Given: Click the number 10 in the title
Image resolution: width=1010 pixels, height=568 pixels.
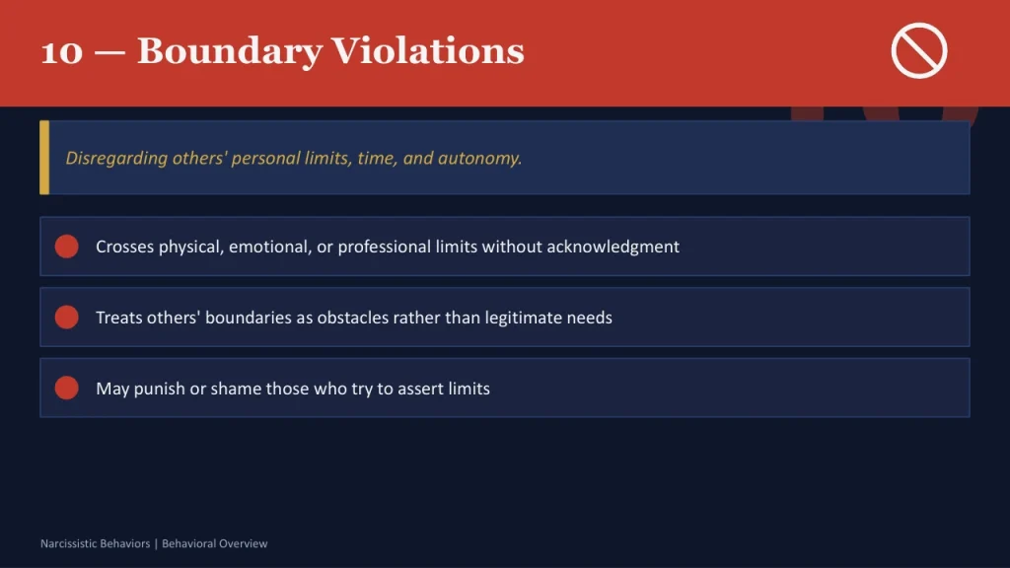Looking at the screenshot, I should (x=61, y=50).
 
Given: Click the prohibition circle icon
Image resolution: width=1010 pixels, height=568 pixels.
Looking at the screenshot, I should (x=919, y=50).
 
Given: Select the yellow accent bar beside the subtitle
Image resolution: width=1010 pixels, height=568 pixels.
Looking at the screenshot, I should (x=44, y=158).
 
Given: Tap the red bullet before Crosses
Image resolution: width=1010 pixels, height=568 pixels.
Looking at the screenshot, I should (x=67, y=247).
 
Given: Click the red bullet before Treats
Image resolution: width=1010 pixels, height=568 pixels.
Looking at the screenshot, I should (x=67, y=318).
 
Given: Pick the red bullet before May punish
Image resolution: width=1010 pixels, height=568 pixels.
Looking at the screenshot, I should (x=67, y=388).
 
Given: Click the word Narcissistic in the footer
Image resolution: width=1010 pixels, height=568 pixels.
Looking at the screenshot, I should (x=68, y=543).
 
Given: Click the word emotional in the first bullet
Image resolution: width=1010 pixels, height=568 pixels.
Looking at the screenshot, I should (x=269, y=247).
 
